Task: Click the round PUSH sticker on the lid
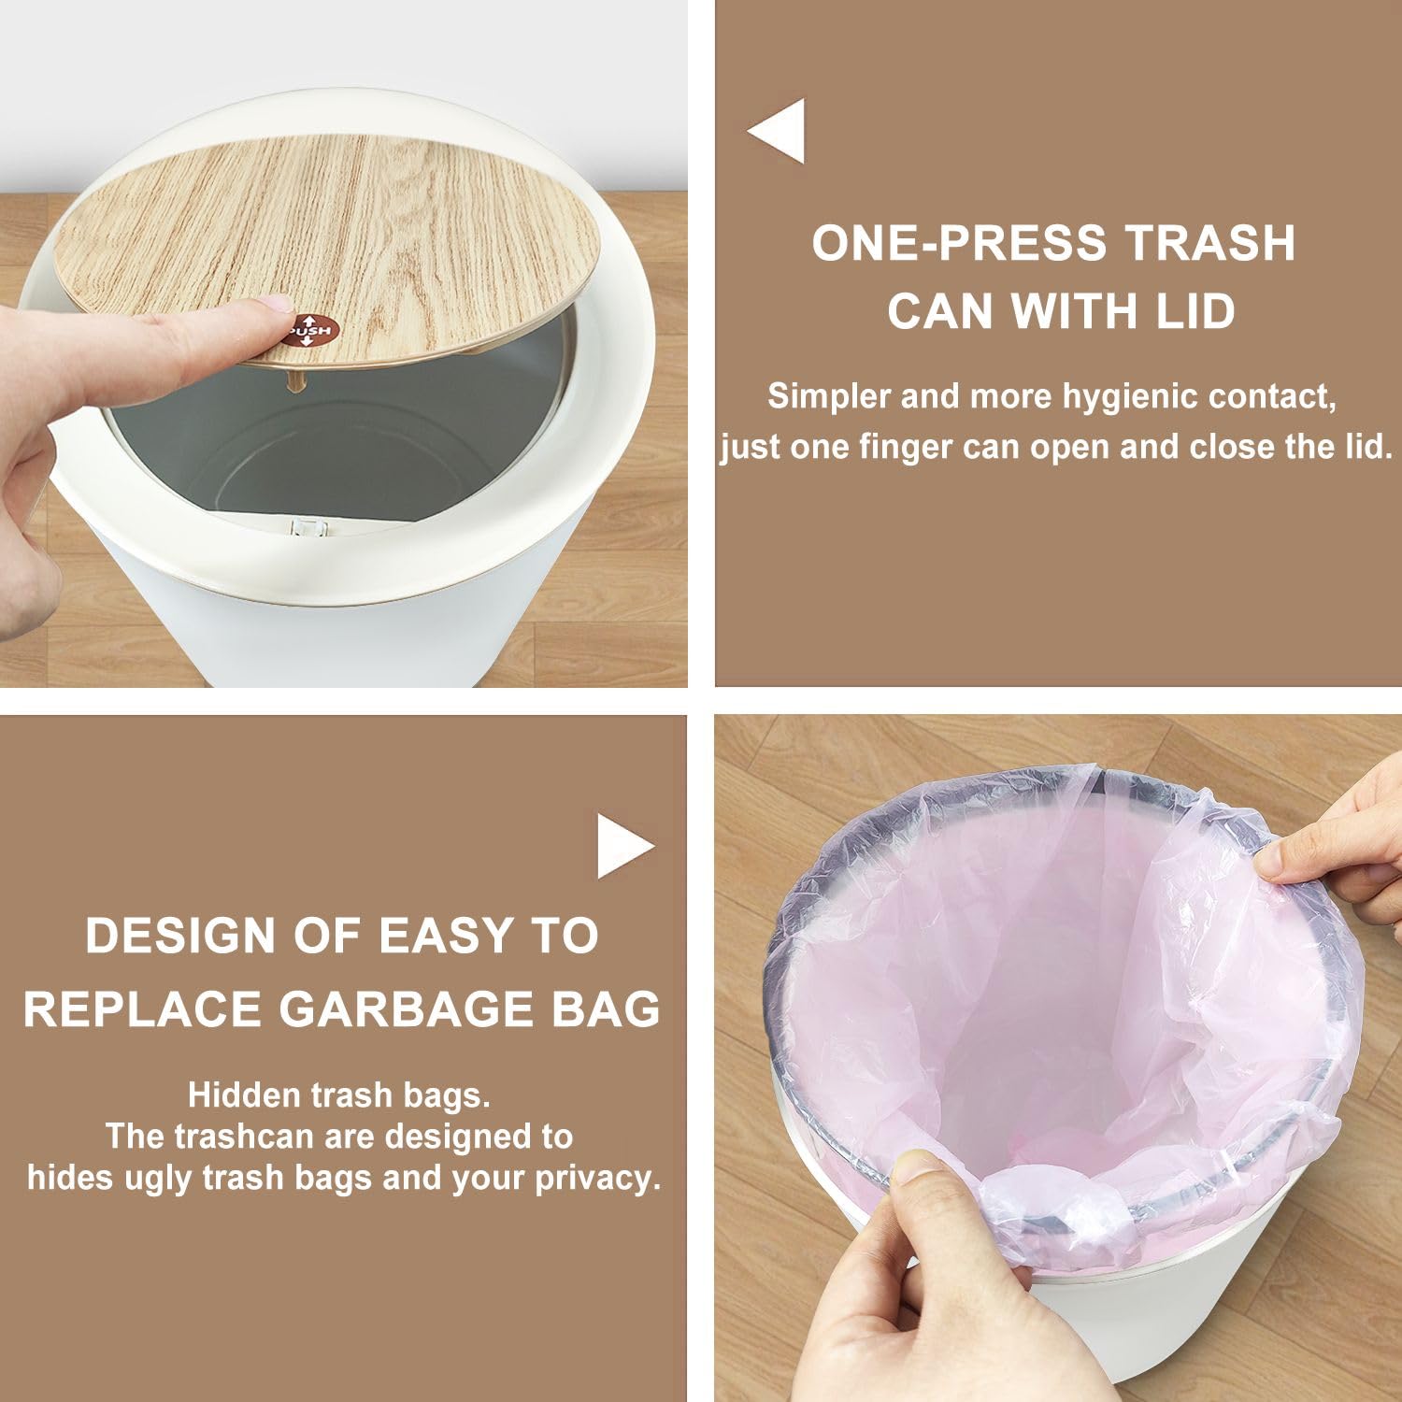point(311,328)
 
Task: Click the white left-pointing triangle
point(776,131)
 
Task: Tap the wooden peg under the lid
point(296,381)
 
